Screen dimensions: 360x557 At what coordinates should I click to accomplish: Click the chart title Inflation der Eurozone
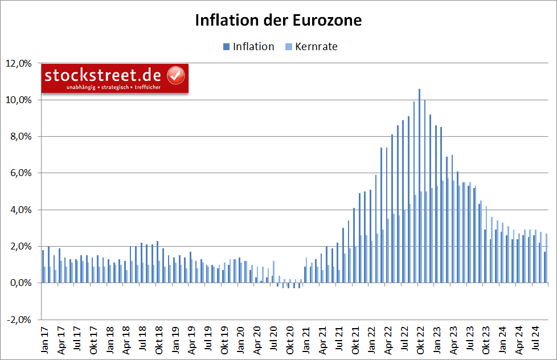pyautogui.click(x=278, y=20)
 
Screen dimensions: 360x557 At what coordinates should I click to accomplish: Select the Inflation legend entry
pyautogui.click(x=248, y=47)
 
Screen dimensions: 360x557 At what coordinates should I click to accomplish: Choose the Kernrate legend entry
pyautogui.click(x=311, y=47)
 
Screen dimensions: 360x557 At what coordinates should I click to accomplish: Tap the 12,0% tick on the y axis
pyautogui.click(x=21, y=63)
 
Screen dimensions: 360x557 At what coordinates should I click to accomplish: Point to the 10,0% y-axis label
pyautogui.click(x=21, y=100)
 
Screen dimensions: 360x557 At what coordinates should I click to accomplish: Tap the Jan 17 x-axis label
pyautogui.click(x=44, y=341)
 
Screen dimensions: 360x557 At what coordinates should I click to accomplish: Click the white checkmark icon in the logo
pyautogui.click(x=175, y=75)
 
